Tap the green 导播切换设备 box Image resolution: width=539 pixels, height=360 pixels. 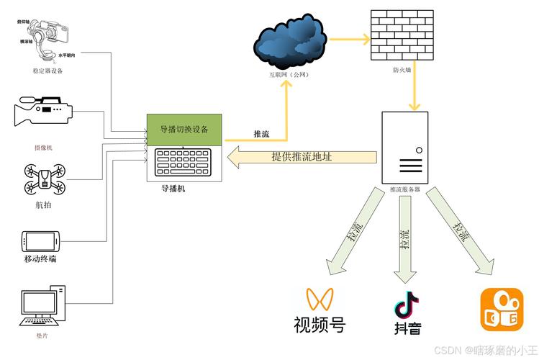coord(185,130)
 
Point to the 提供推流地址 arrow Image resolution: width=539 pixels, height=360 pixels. coord(302,157)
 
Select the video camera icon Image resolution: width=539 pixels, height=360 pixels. coord(42,112)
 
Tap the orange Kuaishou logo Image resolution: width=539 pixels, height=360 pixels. coord(499,310)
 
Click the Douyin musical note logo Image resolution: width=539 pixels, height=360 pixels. coord(407,305)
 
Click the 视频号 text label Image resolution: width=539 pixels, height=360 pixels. coord(320,325)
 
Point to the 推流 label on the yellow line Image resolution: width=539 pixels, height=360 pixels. coord(261,133)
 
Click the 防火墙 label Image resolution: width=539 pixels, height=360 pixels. coord(402,70)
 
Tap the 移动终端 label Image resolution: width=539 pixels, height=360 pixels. coord(40,258)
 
